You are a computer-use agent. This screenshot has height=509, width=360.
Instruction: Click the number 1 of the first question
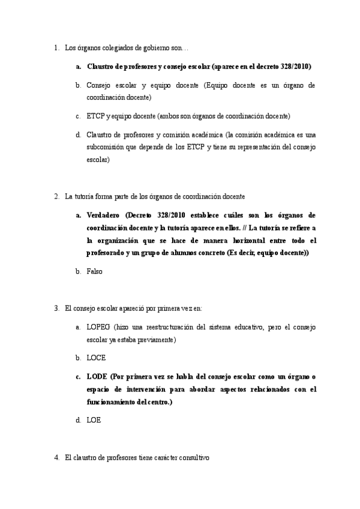coord(55,47)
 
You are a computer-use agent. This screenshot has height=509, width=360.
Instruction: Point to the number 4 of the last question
coord(56,457)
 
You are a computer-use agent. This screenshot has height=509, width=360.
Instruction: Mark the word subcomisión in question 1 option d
coord(106,147)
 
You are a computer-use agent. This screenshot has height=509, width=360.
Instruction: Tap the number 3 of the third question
coord(56,308)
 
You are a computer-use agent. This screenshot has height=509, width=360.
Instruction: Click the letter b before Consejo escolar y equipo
coord(78,85)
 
